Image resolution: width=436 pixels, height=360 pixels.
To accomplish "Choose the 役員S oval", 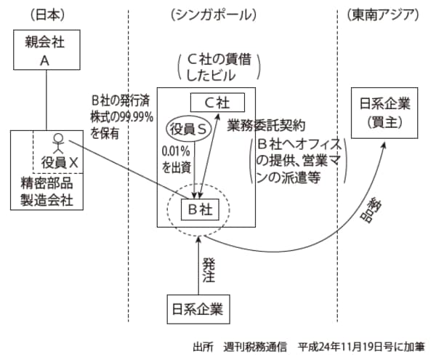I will point(189,129).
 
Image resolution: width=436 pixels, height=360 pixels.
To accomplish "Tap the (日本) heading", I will point(44,14).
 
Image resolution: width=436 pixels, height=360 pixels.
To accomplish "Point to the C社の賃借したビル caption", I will point(217,67).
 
